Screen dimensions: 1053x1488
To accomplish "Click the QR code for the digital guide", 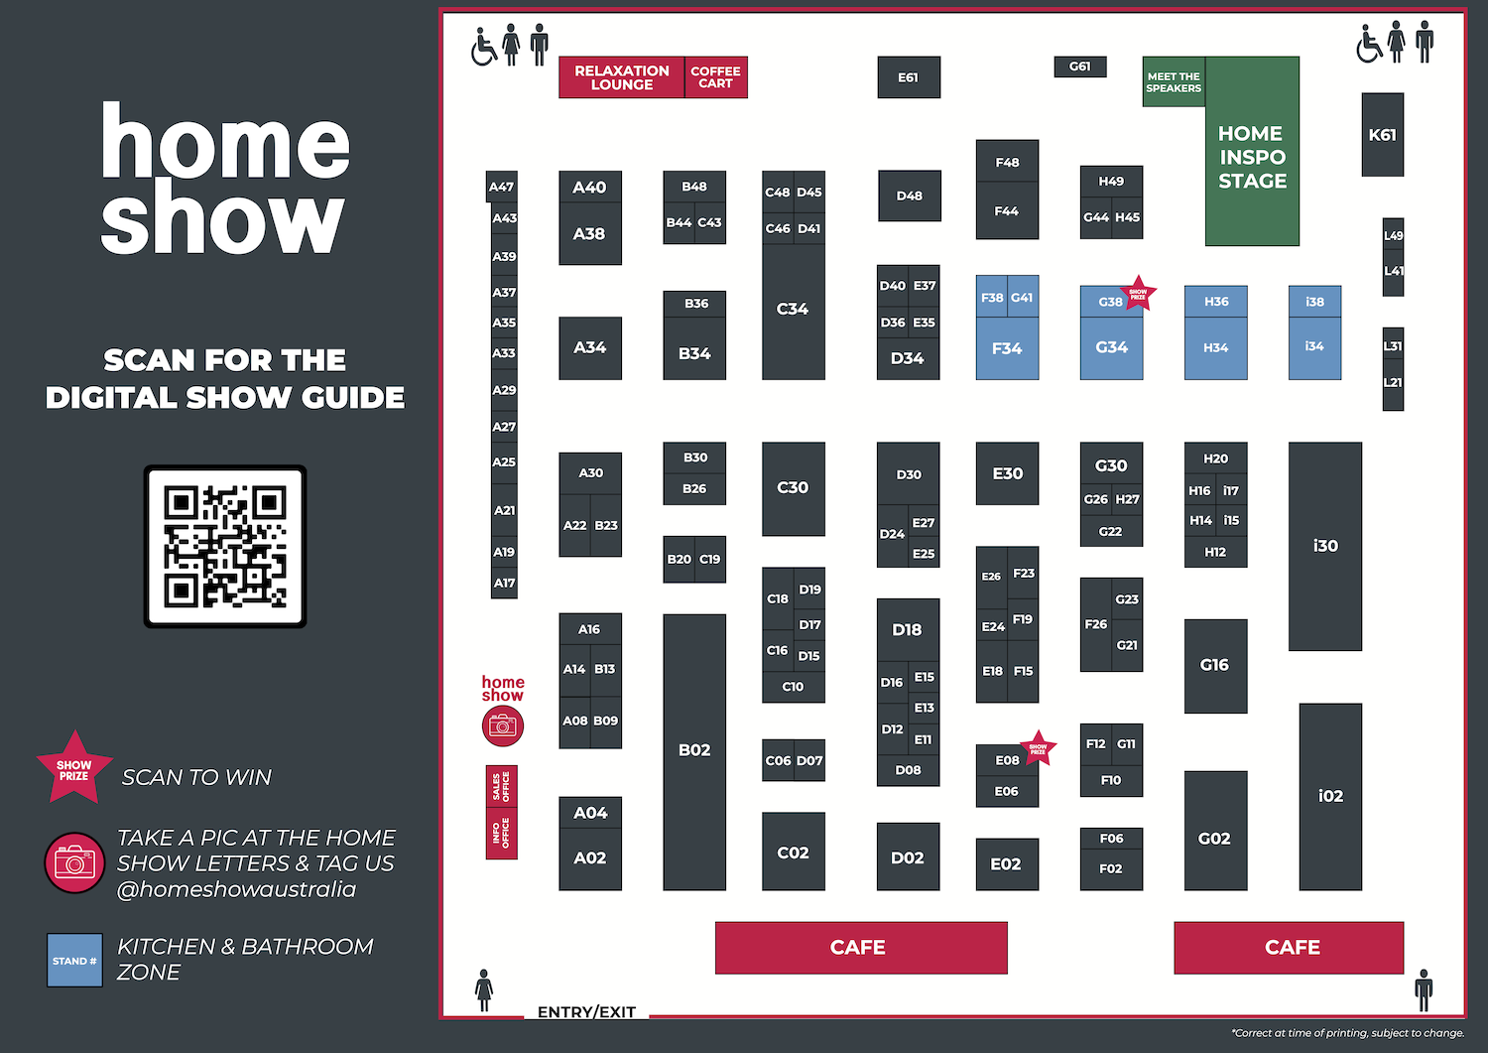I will tap(225, 546).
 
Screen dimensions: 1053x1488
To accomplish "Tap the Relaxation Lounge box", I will tap(622, 77).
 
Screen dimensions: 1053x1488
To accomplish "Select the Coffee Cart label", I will tap(715, 77).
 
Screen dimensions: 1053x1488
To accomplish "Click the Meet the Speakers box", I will tap(1174, 82).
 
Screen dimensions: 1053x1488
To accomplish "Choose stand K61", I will tap(1382, 135).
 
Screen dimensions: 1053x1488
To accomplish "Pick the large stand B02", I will tap(694, 751).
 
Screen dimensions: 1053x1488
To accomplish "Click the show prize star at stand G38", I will tap(1138, 294).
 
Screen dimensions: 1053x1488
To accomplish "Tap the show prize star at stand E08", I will tap(1038, 748).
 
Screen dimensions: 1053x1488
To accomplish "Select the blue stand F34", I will tap(1007, 348).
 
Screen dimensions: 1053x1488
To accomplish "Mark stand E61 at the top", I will tap(909, 77).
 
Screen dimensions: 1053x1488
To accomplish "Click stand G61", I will tap(1079, 66).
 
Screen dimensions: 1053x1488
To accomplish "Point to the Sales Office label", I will tap(501, 787).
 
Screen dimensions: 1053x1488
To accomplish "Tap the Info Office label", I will tap(501, 834).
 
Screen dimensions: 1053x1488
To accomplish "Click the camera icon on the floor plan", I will tap(503, 726).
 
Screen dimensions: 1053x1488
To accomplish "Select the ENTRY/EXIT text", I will tap(586, 1012).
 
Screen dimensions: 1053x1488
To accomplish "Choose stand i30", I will tap(1325, 546).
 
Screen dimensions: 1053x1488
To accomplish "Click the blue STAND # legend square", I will tap(74, 961).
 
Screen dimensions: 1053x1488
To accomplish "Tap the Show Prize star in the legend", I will tap(74, 768).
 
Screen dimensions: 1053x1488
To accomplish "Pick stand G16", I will tap(1215, 665).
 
